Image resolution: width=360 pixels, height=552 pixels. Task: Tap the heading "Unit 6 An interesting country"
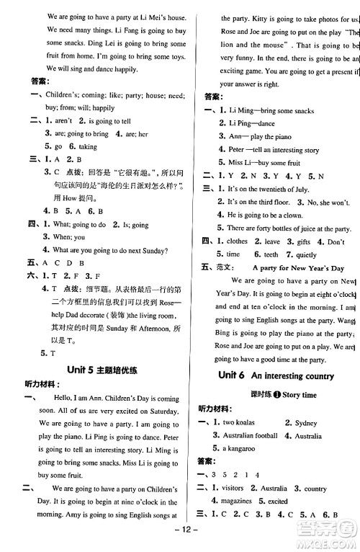(281, 375)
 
